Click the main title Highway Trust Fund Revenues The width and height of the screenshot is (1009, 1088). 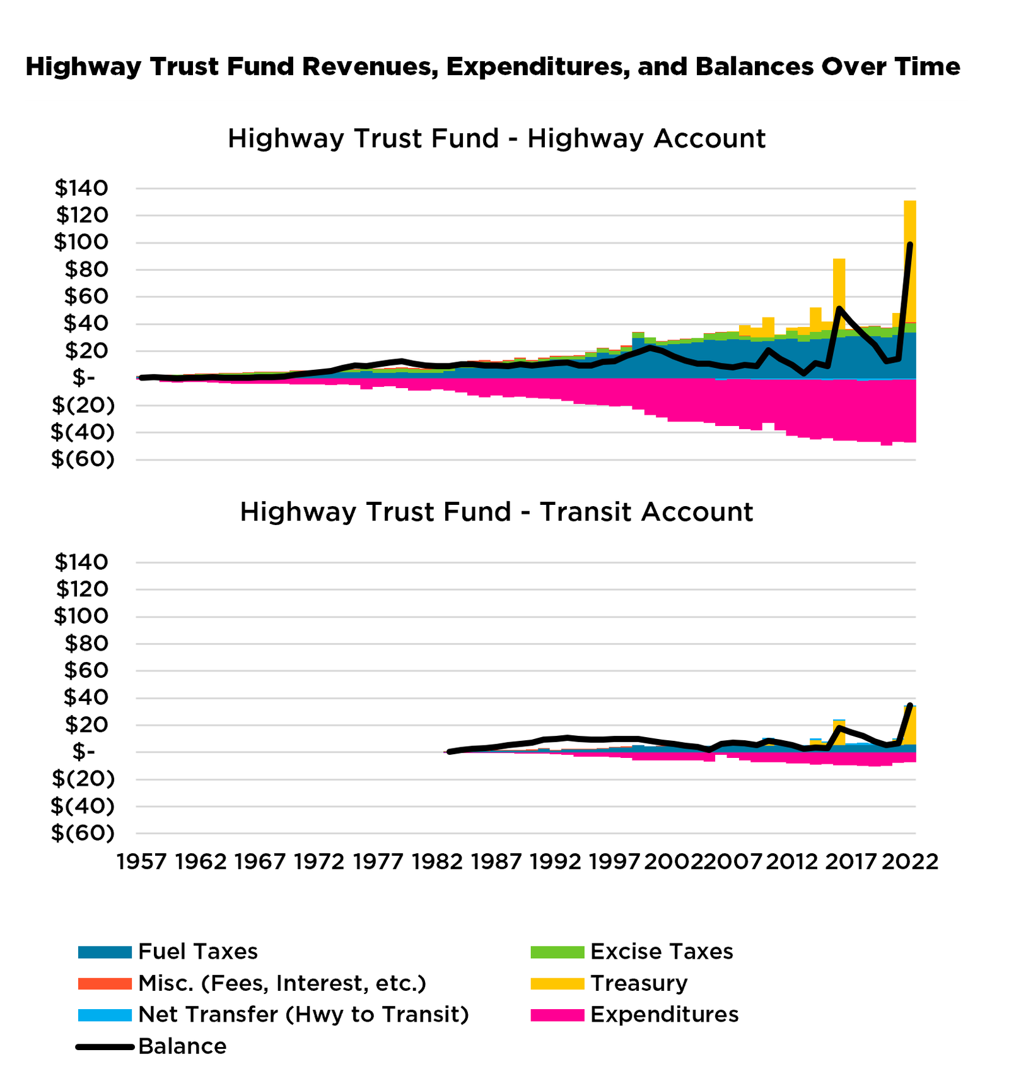point(493,66)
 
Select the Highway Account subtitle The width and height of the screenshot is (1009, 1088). point(496,139)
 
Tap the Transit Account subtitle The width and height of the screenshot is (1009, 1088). point(496,512)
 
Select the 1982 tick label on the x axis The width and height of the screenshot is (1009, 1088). point(438,862)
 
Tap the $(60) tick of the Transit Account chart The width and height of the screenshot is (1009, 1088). point(83,833)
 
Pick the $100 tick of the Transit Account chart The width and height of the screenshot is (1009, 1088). point(81,616)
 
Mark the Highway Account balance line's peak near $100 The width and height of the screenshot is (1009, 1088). point(909,244)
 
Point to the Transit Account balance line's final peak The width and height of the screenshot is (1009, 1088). point(910,706)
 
